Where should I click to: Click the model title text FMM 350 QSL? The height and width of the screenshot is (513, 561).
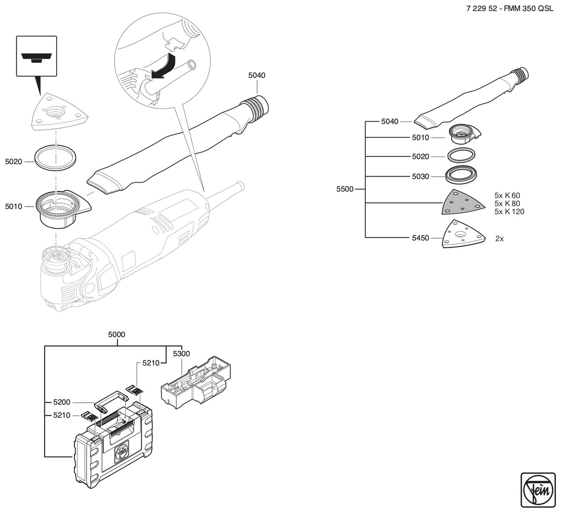(529, 8)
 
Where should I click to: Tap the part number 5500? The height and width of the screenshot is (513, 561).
(345, 189)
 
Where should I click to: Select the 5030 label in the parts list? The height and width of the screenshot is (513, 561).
(420, 177)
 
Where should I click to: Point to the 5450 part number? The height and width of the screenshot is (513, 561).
(420, 238)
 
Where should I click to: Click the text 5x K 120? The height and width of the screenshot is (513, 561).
(509, 212)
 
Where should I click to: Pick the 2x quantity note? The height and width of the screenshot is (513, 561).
(499, 238)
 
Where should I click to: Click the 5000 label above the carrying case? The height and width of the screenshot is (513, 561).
(116, 335)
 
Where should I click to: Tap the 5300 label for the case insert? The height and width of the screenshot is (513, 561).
(181, 354)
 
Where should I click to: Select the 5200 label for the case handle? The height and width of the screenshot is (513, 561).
(62, 402)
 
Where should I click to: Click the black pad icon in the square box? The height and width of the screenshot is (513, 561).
(36, 57)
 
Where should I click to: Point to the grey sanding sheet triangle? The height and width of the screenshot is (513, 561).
(463, 203)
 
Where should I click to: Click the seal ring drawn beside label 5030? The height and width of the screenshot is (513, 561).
(461, 177)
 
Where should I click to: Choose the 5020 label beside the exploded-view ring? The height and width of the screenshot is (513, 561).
(14, 162)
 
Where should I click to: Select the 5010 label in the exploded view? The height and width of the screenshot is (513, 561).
(14, 207)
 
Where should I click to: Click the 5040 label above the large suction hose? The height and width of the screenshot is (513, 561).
(257, 75)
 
